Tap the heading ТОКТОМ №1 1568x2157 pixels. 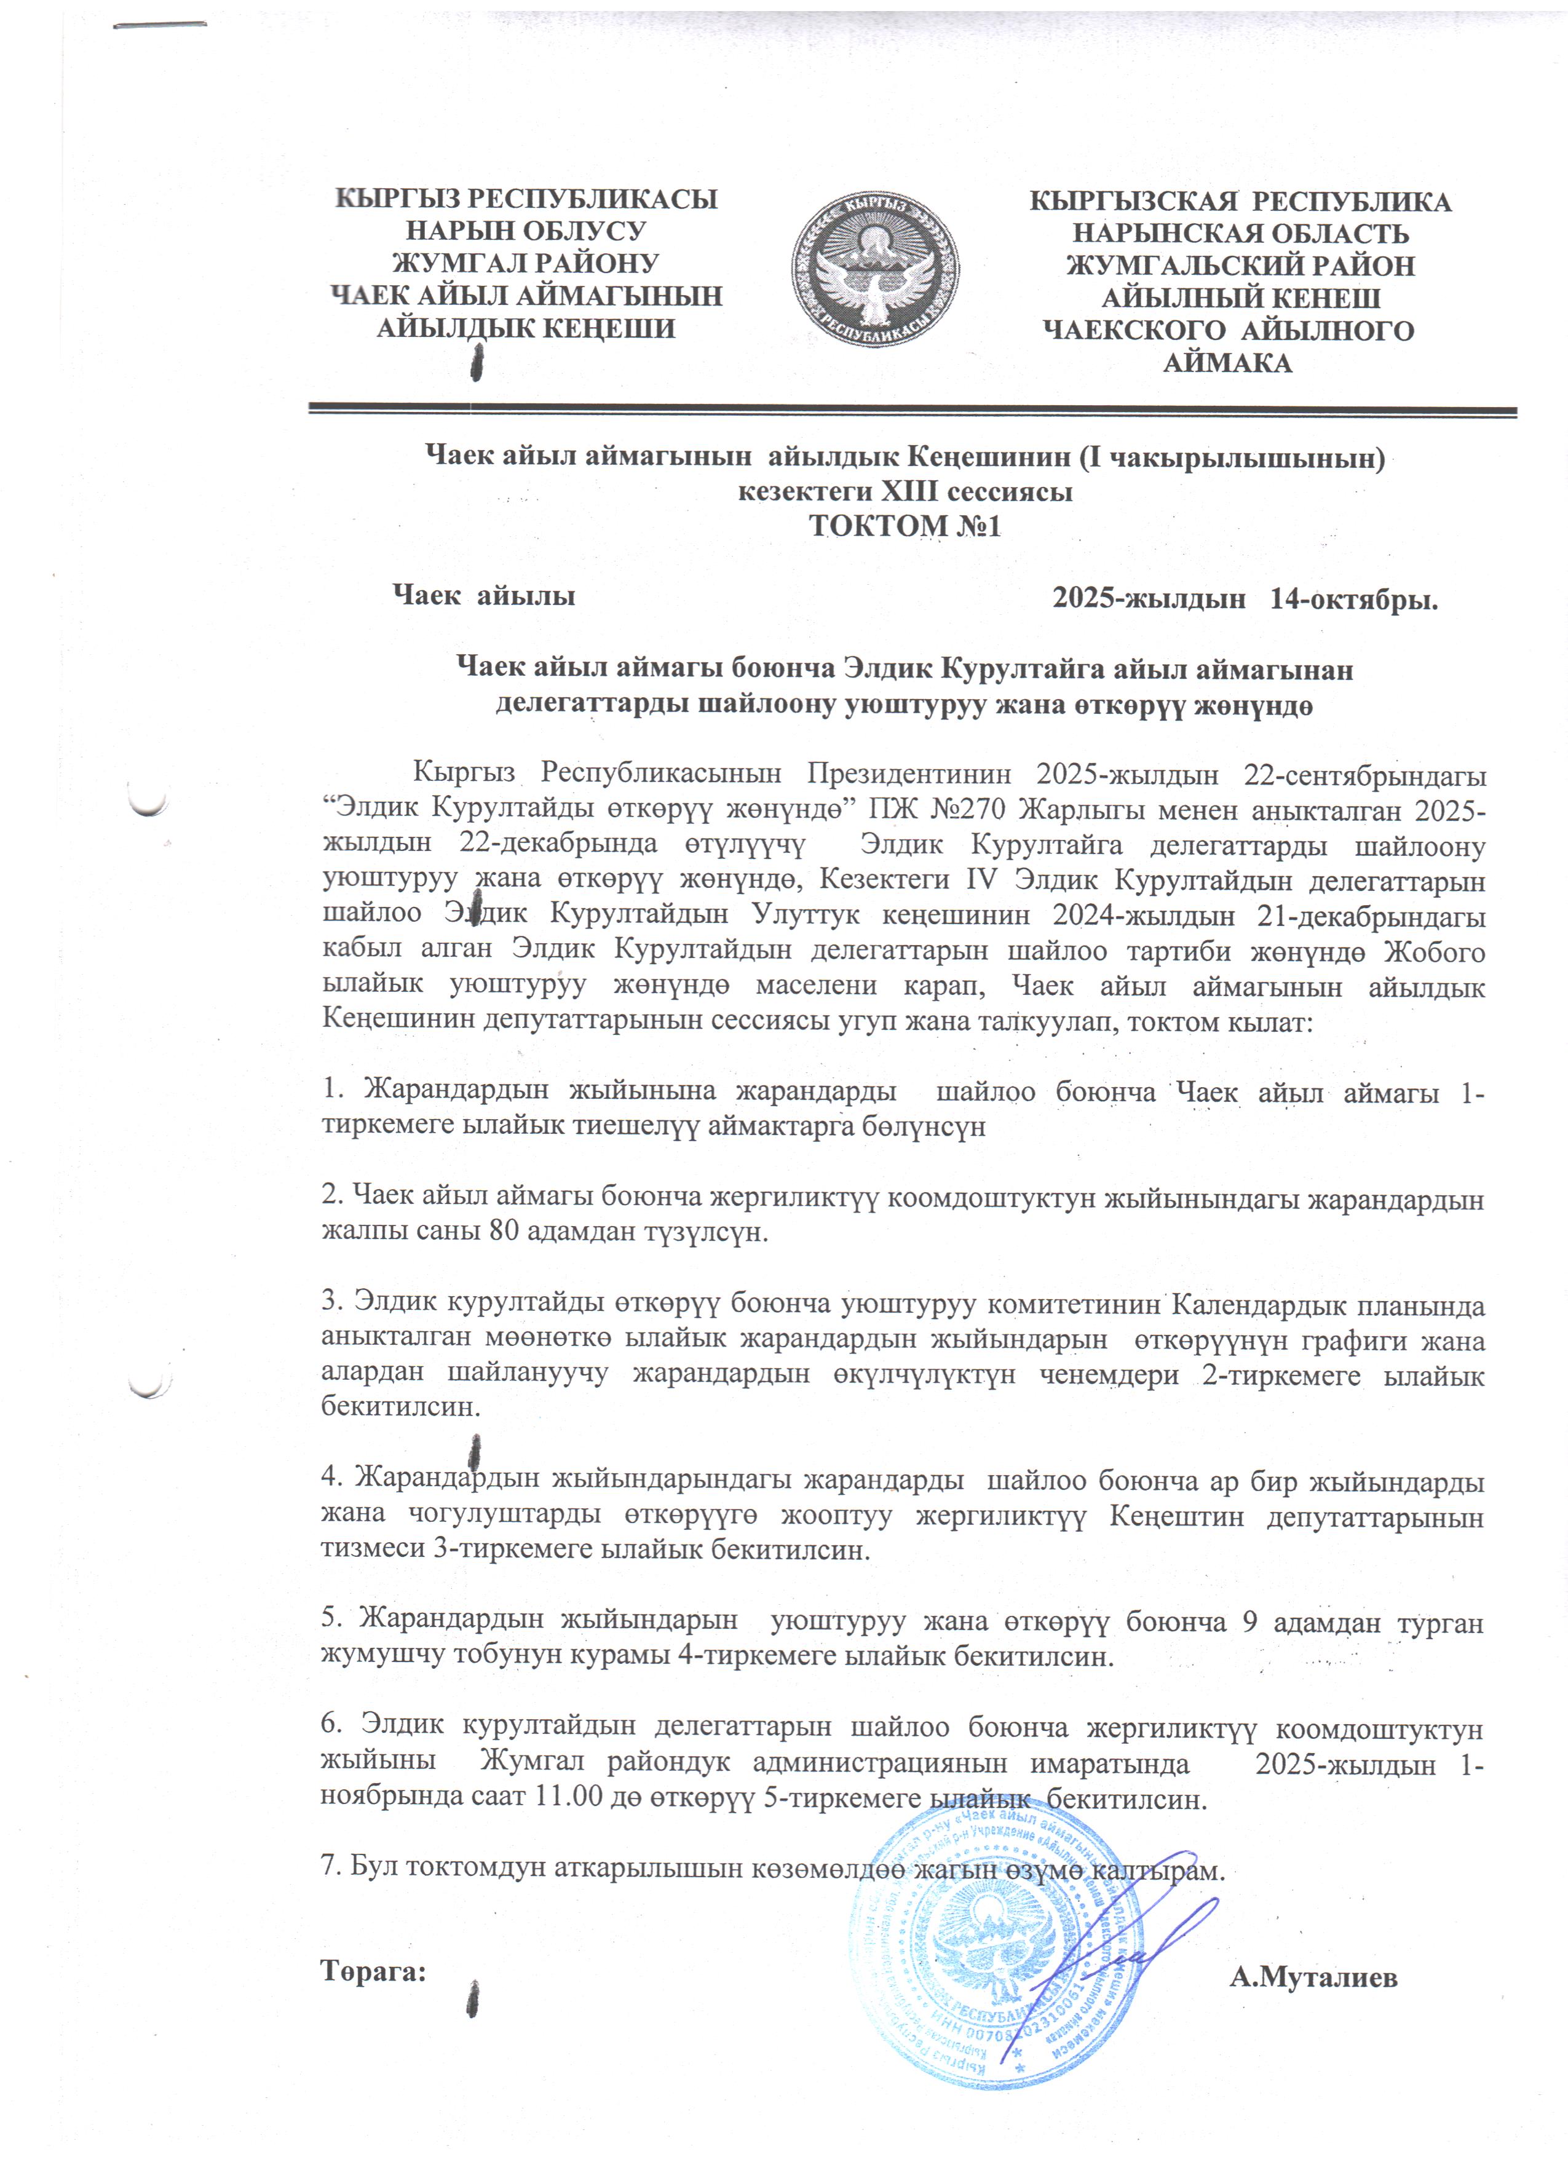pyautogui.click(x=905, y=526)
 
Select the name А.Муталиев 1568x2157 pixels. pyautogui.click(x=1313, y=1978)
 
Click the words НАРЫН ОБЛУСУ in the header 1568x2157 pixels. pyautogui.click(x=526, y=231)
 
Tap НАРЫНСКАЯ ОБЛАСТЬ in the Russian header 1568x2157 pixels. pyautogui.click(x=1241, y=234)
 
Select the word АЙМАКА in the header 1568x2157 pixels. pyautogui.click(x=1227, y=363)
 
